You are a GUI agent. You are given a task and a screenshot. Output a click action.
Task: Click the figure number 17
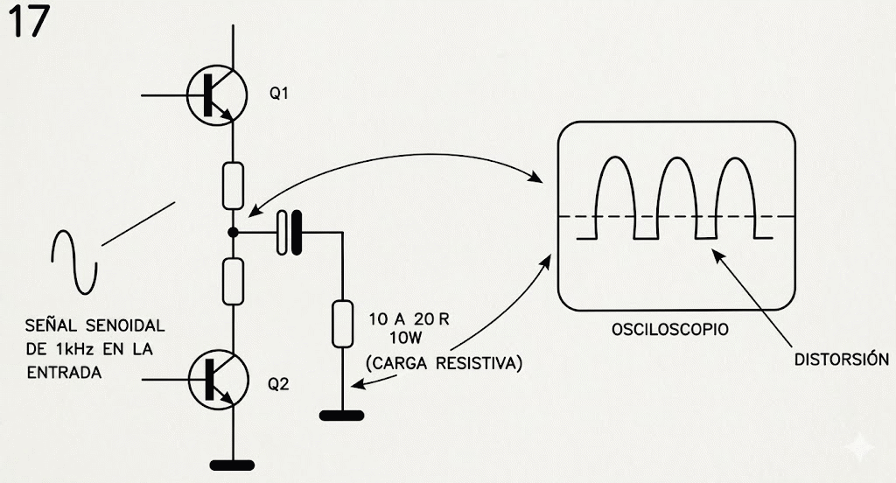[x=28, y=23]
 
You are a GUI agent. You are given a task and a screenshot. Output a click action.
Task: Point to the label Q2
[x=278, y=384]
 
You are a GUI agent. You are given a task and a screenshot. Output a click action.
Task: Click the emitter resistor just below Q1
[x=233, y=184]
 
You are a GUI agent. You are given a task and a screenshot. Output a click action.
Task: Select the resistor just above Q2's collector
[x=233, y=281]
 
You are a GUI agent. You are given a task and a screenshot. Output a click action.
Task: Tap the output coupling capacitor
[x=289, y=233]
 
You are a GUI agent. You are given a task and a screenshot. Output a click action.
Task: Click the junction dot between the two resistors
[x=233, y=233]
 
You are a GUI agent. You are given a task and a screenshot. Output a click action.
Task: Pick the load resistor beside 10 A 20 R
[x=341, y=323]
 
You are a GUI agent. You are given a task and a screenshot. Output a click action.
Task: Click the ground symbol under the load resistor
[x=341, y=415]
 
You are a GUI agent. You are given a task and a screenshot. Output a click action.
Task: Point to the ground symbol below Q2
[x=233, y=465]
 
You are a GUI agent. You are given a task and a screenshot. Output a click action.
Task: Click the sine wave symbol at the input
[x=73, y=262]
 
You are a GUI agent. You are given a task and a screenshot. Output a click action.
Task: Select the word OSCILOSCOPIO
[x=671, y=331]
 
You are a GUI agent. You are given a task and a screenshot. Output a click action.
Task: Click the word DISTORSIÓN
[x=841, y=360]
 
